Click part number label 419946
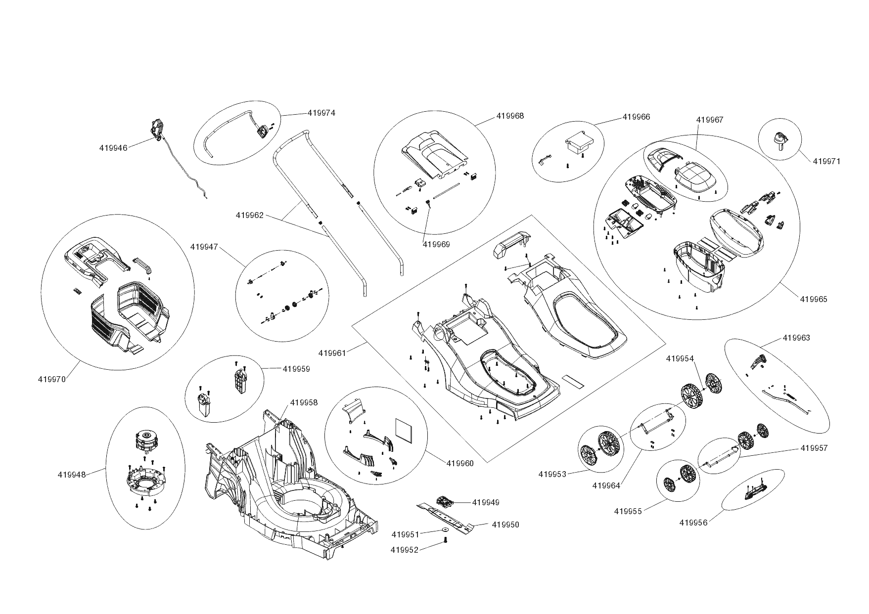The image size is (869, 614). click(113, 148)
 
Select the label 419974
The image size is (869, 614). click(321, 113)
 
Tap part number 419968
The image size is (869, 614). click(510, 116)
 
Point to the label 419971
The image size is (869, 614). click(826, 161)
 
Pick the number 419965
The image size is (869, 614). click(814, 299)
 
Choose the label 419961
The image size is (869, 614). click(332, 353)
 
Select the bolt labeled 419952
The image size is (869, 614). click(446, 541)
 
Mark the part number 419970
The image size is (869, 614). click(51, 380)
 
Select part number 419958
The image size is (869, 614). click(304, 402)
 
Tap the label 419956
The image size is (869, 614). click(693, 523)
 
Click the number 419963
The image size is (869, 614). click(796, 338)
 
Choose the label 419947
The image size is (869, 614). click(204, 247)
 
